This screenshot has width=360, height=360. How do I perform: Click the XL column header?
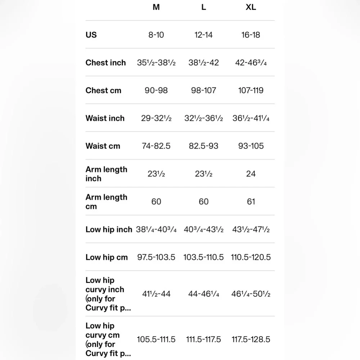251,7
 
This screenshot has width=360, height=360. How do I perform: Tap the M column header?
156,7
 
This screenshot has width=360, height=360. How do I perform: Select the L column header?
204,7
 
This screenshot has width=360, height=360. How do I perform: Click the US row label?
91,35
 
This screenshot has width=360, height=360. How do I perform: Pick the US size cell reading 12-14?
204,35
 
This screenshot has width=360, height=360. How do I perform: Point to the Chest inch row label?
105,63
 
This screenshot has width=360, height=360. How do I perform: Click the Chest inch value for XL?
251,63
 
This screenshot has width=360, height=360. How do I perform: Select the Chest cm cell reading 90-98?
156,90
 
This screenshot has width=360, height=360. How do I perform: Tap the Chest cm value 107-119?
251,90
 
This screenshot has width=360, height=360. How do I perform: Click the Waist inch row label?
105,118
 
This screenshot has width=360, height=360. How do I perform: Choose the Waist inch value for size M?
156,118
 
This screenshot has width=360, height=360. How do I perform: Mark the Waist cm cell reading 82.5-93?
204,146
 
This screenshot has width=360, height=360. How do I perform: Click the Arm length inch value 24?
251,174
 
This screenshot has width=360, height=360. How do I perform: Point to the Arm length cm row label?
106,202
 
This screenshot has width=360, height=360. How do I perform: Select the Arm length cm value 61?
251,202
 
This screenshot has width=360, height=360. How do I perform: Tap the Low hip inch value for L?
204,229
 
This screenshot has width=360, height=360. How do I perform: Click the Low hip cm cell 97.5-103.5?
156,257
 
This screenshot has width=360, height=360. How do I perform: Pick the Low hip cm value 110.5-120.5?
251,257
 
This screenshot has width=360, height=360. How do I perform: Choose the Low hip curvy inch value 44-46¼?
204,294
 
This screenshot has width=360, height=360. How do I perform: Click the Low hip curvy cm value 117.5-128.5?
251,339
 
